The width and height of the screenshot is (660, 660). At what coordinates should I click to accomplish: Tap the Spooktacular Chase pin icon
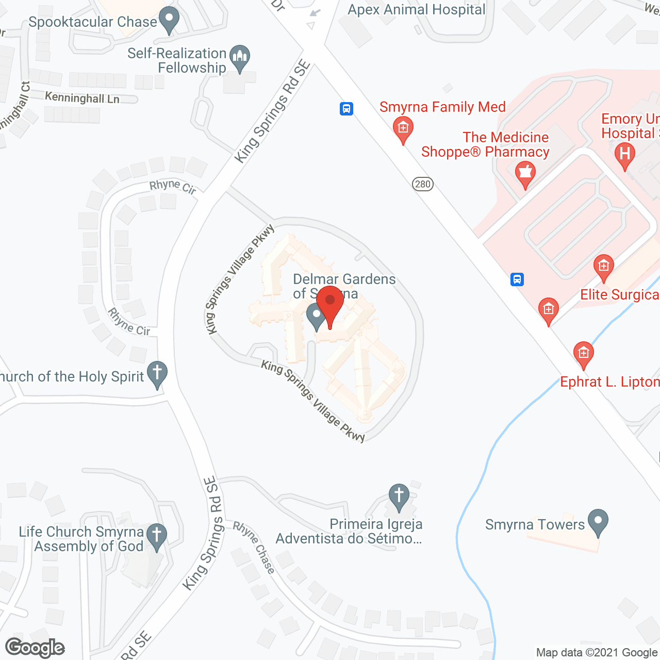coord(169,20)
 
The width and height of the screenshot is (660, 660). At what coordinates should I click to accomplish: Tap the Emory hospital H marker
coord(625,155)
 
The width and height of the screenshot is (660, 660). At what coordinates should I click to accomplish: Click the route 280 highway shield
coord(423,184)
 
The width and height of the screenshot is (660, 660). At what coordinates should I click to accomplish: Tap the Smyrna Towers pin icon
coord(598,521)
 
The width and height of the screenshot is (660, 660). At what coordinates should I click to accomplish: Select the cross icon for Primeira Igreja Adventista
coord(399,496)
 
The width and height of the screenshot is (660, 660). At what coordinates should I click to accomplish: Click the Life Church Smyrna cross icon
coord(157,536)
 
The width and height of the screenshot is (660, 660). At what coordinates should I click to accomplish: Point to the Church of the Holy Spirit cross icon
coord(157,373)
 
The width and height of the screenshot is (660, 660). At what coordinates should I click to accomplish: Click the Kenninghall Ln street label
coord(82,97)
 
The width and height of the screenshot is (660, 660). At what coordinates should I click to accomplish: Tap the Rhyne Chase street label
coord(254,548)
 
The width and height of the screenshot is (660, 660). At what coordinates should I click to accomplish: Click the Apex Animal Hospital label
coord(417,10)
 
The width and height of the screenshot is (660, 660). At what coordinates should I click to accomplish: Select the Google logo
coord(35,648)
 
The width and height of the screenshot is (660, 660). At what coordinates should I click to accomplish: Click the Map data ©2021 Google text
coord(597,653)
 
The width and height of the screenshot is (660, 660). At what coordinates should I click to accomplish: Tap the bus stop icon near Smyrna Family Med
coord(346,109)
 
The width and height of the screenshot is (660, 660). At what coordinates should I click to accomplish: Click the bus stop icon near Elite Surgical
coord(517,279)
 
